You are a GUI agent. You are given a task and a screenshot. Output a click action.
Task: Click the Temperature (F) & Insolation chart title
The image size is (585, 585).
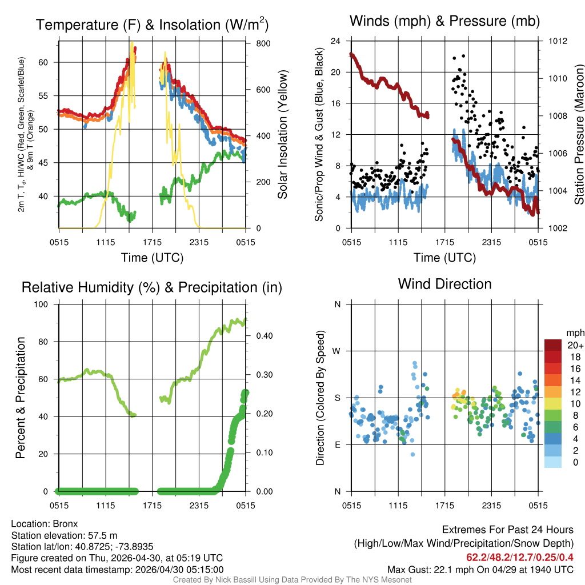pyautogui.click(x=152, y=25)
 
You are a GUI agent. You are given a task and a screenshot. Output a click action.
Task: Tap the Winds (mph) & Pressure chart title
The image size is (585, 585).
pyautogui.click(x=444, y=22)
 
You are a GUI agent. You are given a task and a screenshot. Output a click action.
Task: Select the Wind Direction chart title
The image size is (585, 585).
pyautogui.click(x=444, y=284)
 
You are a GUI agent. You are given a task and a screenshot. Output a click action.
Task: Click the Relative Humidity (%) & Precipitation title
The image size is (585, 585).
pyautogui.click(x=152, y=287)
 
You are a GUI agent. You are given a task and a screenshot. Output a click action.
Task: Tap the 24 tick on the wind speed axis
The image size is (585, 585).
pyautogui.click(x=336, y=41)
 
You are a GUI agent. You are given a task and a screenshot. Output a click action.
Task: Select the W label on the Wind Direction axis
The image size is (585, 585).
pyautogui.click(x=337, y=351)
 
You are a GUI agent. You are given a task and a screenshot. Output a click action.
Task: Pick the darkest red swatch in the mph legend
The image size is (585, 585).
pyautogui.click(x=553, y=345)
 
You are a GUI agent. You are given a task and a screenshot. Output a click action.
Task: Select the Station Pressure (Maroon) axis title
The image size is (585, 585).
pyautogui.click(x=578, y=134)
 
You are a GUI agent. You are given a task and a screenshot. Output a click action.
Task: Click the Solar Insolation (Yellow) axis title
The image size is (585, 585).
pyautogui.click(x=282, y=134)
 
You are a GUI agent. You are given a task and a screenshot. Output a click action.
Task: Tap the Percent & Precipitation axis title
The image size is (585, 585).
pyautogui.click(x=21, y=397)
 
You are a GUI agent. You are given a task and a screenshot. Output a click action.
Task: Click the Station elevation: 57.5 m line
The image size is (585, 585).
pyautogui.click(x=64, y=535)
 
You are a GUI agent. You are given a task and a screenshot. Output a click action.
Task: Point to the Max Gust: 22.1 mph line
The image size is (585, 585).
pyautogui.click(x=480, y=569)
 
